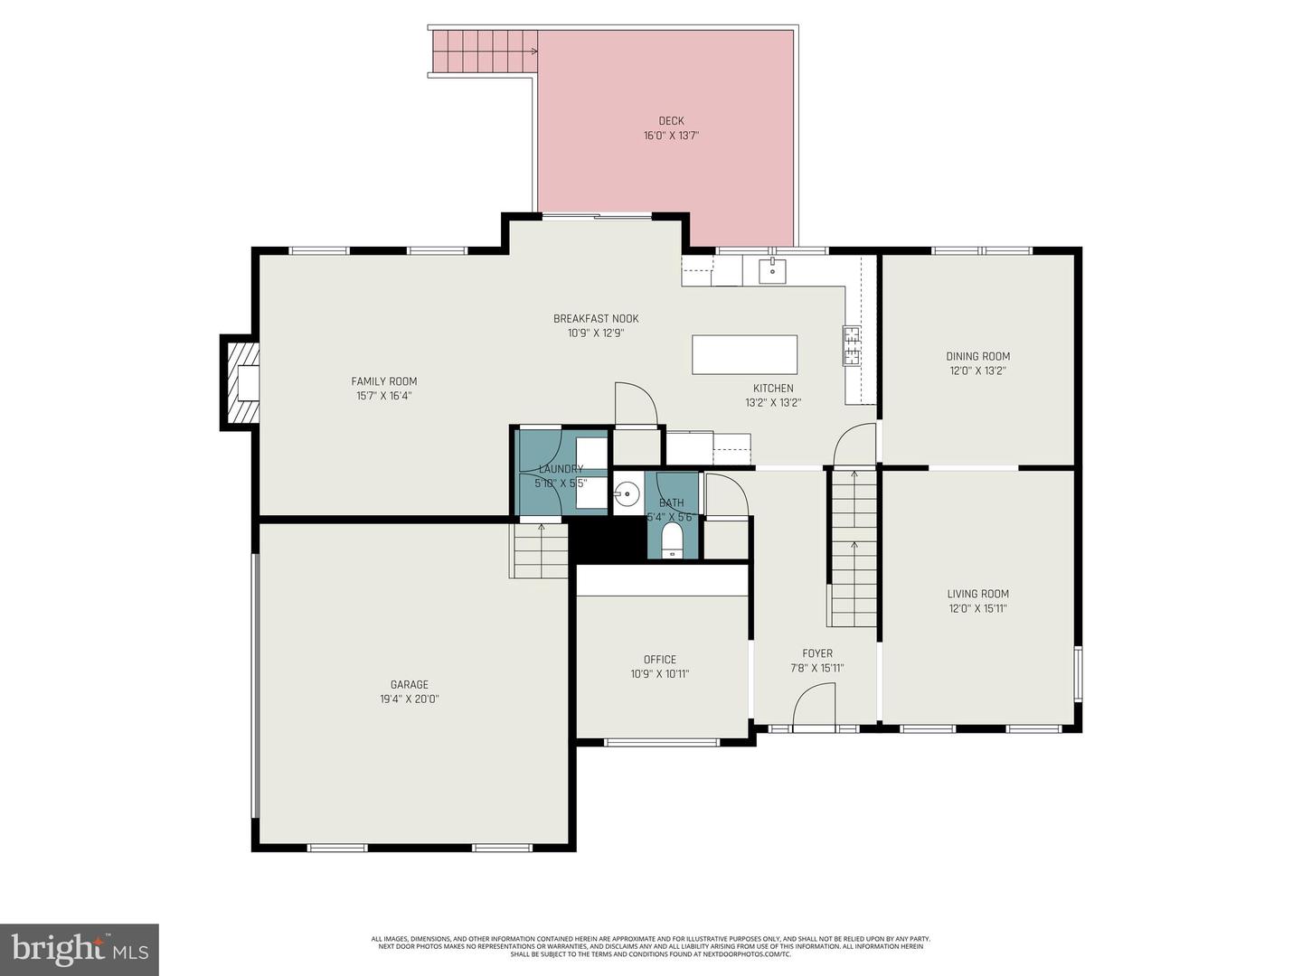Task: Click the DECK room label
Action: coord(671,121)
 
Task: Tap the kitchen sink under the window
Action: coord(772,270)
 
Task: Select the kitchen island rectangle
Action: coord(744,354)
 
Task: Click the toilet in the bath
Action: coord(672,542)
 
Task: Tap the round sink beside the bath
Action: coord(627,493)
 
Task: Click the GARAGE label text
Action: coord(410,685)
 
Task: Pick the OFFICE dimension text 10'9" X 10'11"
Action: coord(660,674)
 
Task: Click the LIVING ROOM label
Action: coord(977,594)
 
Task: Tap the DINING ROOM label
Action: coord(977,356)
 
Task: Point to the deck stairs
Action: coord(485,52)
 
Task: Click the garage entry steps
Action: coord(541,551)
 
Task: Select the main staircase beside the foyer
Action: coord(854,549)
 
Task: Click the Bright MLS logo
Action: coord(80,949)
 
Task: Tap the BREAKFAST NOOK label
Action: coord(596,318)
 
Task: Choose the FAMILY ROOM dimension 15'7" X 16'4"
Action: coord(384,396)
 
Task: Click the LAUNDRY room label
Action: coord(561,469)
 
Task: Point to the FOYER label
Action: coord(817,653)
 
